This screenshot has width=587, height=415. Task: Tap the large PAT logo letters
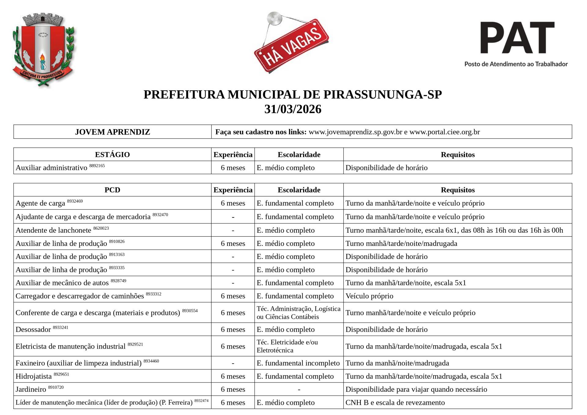(x=517, y=38)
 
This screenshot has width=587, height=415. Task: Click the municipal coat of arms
(x=44, y=50)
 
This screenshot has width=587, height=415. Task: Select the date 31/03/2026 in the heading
(x=293, y=109)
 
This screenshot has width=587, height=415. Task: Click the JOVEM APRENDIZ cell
(x=113, y=132)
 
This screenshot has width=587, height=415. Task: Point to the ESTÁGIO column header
(x=112, y=154)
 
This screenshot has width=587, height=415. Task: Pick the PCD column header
(x=112, y=190)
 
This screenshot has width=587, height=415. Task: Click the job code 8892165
(x=97, y=166)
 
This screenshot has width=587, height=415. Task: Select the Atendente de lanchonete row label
(x=54, y=230)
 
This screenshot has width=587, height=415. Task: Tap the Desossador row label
(x=33, y=329)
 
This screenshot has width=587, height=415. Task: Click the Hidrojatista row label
(x=34, y=376)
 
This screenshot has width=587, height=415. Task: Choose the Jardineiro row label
(x=31, y=389)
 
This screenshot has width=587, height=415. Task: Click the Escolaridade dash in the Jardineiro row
(x=299, y=389)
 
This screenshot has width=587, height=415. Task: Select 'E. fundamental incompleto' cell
(x=298, y=363)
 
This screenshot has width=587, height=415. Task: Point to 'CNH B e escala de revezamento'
(x=395, y=402)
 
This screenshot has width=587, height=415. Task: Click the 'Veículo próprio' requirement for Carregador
(x=369, y=296)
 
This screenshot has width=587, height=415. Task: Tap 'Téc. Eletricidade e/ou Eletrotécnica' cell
(x=287, y=346)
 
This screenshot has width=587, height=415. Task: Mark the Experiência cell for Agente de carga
(x=233, y=203)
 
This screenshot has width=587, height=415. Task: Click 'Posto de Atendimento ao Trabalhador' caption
(x=516, y=64)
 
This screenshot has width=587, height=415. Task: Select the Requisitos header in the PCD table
(x=457, y=190)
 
